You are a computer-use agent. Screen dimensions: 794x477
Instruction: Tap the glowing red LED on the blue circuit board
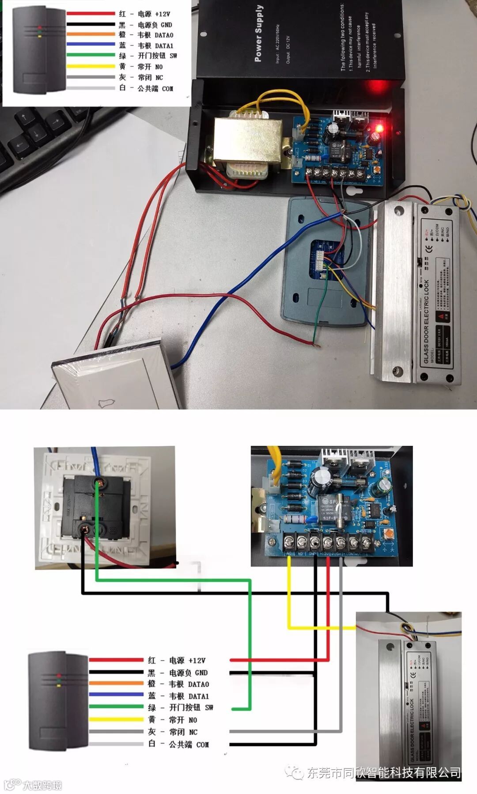[379, 129]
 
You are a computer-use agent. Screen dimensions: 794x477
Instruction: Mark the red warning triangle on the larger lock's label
[440, 316]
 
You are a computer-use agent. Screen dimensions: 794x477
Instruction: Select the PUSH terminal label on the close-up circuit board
[337, 554]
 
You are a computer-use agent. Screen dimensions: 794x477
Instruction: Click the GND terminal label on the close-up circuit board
[312, 554]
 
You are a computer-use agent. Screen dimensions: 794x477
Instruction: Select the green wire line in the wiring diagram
[250, 641]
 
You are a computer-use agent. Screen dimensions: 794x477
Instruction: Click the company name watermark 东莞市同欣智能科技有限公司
[383, 772]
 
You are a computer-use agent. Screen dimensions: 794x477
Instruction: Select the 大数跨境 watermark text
[42, 785]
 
